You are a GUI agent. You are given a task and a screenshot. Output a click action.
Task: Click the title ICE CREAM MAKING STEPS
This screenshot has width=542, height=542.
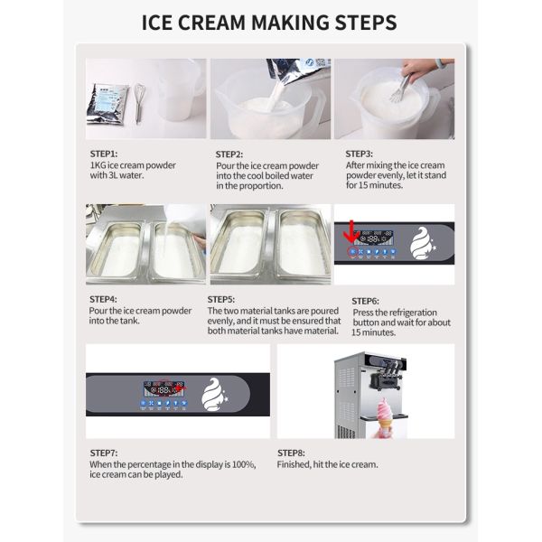click(270, 22)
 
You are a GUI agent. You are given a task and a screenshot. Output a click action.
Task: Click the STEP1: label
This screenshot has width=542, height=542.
click(104, 154)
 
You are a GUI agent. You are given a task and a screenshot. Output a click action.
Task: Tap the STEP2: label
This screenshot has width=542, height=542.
click(229, 154)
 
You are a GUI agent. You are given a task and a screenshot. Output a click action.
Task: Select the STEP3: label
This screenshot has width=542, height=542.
click(360, 154)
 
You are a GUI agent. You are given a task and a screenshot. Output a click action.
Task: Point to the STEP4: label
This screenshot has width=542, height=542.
click(104, 299)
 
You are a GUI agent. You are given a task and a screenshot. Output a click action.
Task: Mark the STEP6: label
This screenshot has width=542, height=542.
click(365, 300)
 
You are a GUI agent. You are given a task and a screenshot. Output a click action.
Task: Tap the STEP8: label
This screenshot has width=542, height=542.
click(291, 452)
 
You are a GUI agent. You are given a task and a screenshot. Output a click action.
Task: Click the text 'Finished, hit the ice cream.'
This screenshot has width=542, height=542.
click(327, 465)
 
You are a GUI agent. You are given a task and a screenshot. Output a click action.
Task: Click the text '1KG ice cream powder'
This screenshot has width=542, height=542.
click(133, 165)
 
